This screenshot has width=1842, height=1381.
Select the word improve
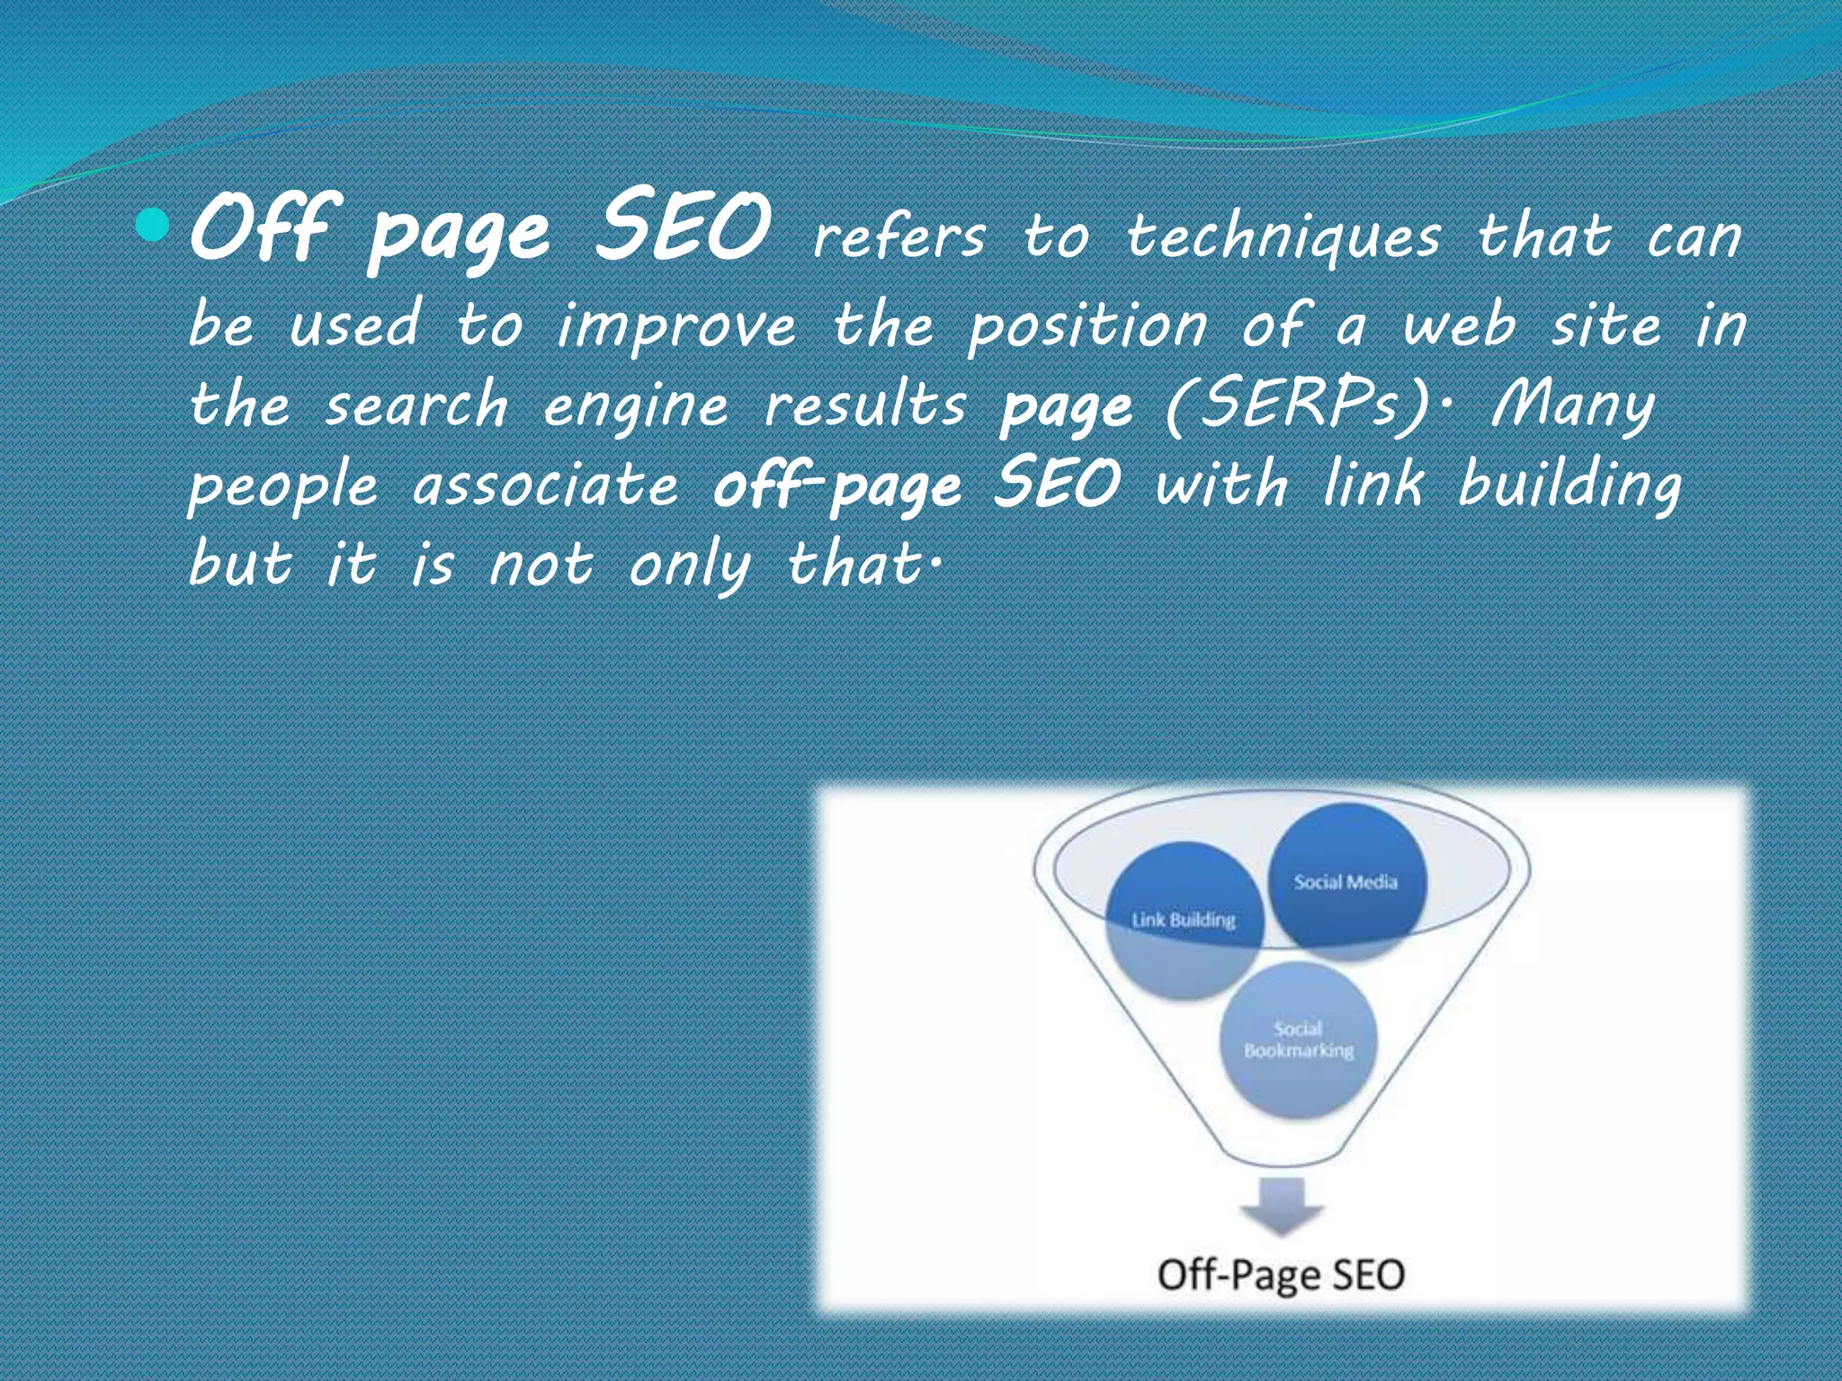[676, 325]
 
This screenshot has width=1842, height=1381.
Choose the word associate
[546, 486]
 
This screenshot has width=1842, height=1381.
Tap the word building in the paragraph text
[1569, 486]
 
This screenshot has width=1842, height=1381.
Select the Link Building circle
[1184, 920]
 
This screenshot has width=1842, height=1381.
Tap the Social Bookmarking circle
[1298, 1040]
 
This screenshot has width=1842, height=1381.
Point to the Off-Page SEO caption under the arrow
[1281, 1275]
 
